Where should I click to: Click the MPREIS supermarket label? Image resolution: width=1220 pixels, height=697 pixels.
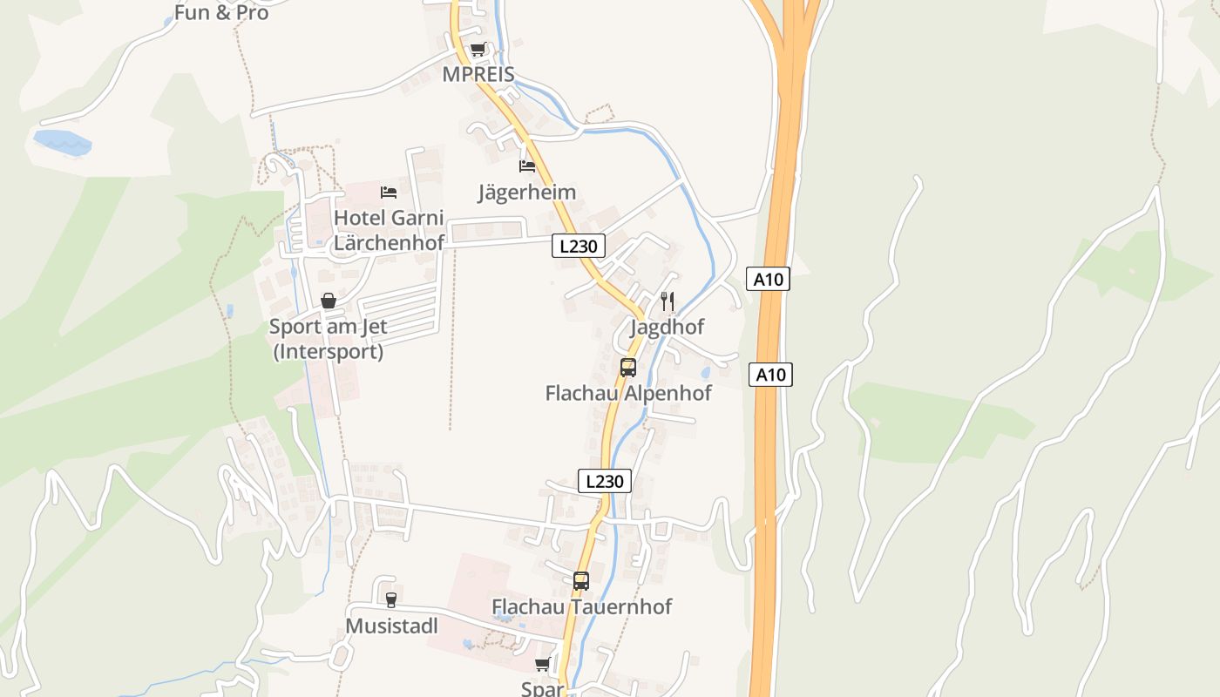pos(478,74)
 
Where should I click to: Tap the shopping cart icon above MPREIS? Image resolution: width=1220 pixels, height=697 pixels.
pos(478,50)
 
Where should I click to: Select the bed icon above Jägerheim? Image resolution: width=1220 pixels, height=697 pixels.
pos(527,166)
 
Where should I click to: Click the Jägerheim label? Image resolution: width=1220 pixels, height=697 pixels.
pos(527,192)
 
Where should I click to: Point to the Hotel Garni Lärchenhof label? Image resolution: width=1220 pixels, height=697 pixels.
pos(389,230)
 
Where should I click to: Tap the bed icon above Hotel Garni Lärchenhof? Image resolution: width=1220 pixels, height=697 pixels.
pos(389,192)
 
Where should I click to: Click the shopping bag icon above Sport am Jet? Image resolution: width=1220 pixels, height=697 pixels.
pos(329,301)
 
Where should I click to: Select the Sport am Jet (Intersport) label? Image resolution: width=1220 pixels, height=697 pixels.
pos(328,339)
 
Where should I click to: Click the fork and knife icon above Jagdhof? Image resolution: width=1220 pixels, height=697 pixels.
pos(668,301)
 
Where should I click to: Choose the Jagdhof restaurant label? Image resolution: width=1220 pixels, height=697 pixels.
pos(668,327)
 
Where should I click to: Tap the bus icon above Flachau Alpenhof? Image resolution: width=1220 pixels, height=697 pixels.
pos(628,367)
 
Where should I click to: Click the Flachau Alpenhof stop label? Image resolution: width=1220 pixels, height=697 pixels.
pos(628,393)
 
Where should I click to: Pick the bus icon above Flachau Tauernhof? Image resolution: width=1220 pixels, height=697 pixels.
pos(581,580)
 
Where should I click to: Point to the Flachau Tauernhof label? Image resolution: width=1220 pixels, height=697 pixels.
pos(582,606)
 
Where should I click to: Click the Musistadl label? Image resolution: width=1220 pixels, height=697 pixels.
pos(391,626)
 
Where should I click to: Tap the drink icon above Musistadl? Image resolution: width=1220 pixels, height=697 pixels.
pos(390,599)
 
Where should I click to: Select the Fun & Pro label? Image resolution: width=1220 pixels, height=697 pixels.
pos(221,13)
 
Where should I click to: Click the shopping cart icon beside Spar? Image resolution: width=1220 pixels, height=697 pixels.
pos(543,666)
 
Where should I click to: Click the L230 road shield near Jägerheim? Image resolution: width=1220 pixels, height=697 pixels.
pos(579,247)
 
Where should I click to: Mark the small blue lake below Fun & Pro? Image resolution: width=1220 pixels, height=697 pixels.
pos(62,143)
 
